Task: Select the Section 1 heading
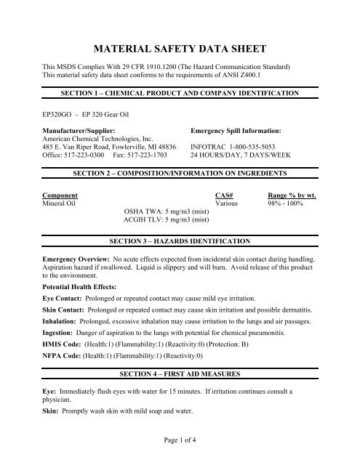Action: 180,94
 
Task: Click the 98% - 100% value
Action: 288,204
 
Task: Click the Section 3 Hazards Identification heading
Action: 180,240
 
